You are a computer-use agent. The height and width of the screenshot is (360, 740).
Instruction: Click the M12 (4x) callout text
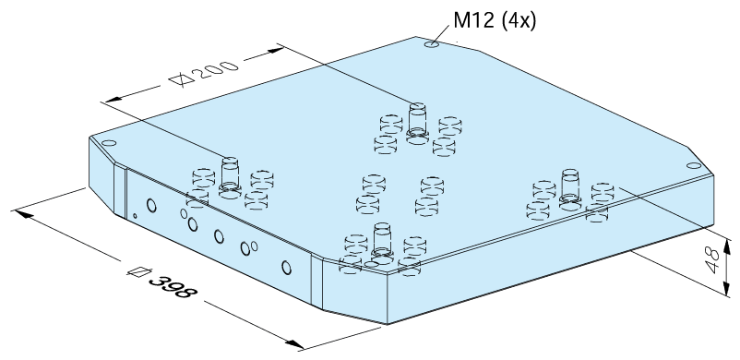(495, 20)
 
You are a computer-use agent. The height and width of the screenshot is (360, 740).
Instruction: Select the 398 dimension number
(172, 287)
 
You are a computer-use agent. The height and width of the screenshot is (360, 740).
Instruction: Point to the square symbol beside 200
(182, 79)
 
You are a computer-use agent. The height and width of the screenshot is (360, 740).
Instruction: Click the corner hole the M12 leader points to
(432, 44)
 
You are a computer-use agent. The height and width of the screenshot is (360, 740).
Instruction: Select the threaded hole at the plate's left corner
(109, 143)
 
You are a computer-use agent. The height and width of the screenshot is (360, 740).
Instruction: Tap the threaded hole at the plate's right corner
(694, 165)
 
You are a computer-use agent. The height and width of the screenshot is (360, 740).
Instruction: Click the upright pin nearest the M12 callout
(417, 123)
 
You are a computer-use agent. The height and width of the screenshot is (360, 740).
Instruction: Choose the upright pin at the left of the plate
(230, 177)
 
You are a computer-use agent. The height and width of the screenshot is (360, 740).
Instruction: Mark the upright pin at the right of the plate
(570, 189)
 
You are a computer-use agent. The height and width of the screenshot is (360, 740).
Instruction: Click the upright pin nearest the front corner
(382, 243)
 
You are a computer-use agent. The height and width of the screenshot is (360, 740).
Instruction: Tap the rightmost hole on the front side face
(286, 268)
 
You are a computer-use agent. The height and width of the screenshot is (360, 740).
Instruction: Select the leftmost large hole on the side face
(151, 206)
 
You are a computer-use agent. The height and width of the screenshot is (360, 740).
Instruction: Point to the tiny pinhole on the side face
(135, 216)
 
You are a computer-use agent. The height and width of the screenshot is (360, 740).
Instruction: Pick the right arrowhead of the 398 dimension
(295, 344)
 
